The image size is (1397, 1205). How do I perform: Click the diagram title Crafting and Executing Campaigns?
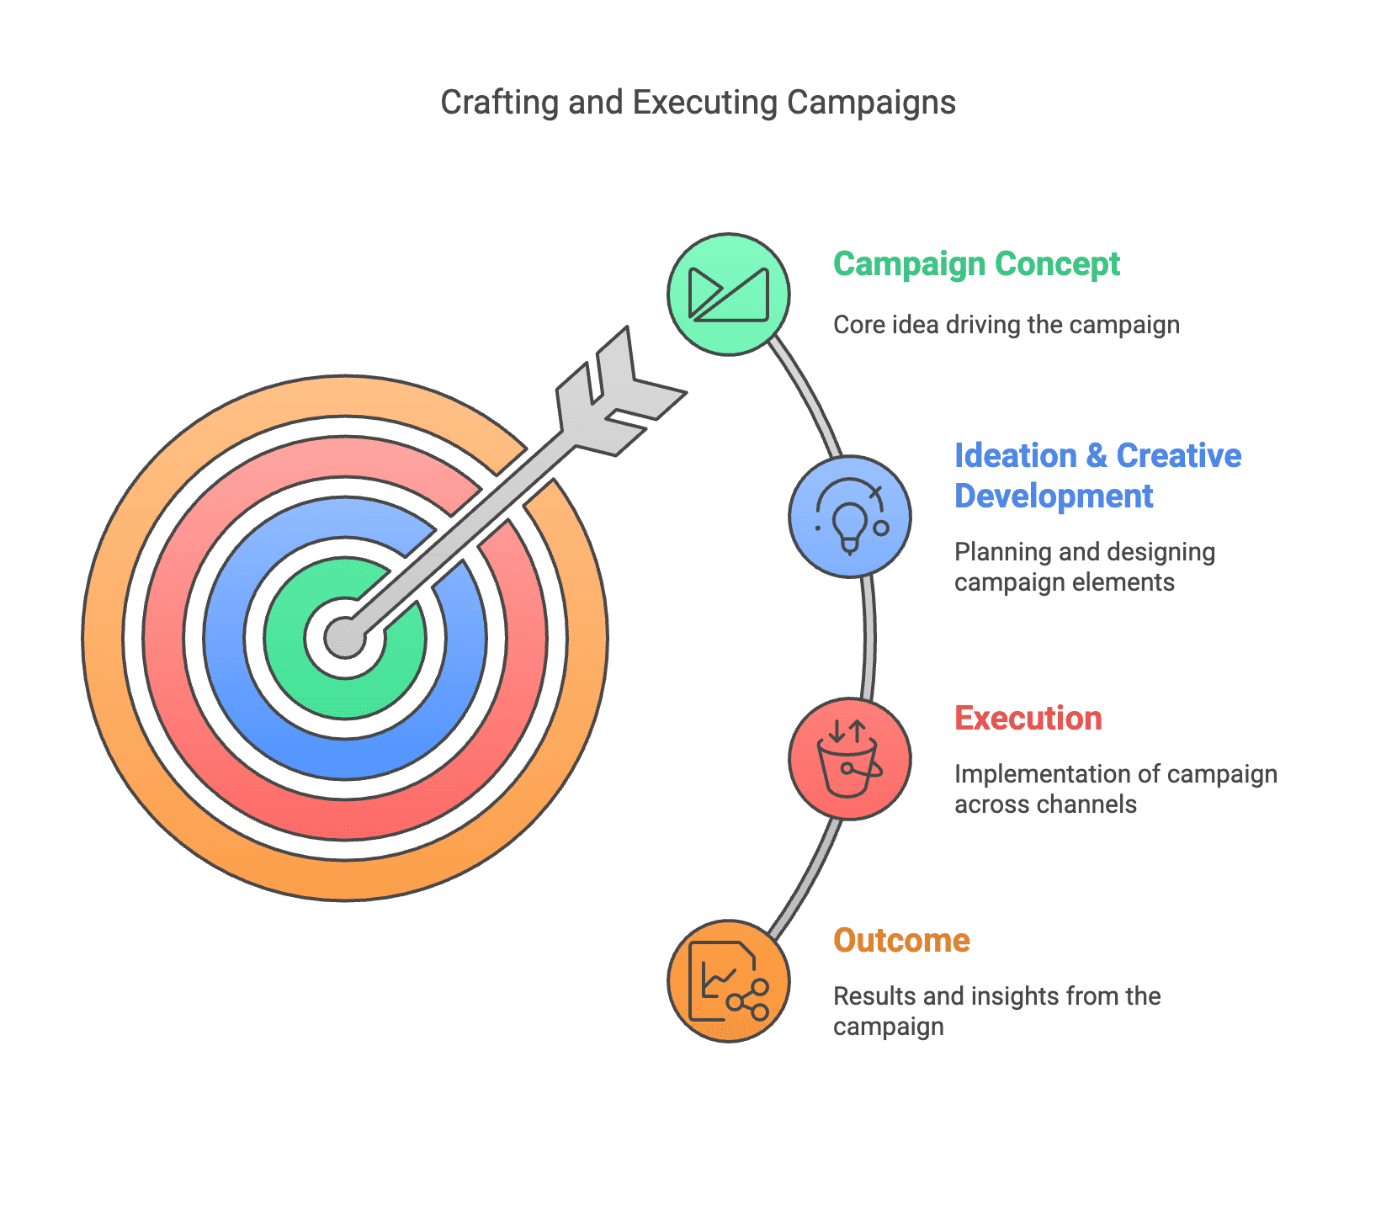698,103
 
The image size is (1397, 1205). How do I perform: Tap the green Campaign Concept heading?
976,264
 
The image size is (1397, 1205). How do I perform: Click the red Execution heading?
1028,719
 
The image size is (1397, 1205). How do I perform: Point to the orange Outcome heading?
901,941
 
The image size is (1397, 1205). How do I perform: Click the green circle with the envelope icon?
729,295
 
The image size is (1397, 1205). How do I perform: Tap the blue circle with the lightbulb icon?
850,517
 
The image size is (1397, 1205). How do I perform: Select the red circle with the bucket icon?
850,758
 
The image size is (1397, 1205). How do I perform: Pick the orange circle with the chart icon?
729,981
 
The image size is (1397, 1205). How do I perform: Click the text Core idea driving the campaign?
1006,325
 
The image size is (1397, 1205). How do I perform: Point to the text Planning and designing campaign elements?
1084,567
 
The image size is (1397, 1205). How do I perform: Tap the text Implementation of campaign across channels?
1115,789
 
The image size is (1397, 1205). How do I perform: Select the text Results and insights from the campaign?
996,1011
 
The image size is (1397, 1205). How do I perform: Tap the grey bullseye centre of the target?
345,637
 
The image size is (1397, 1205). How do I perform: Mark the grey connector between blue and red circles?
869,637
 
